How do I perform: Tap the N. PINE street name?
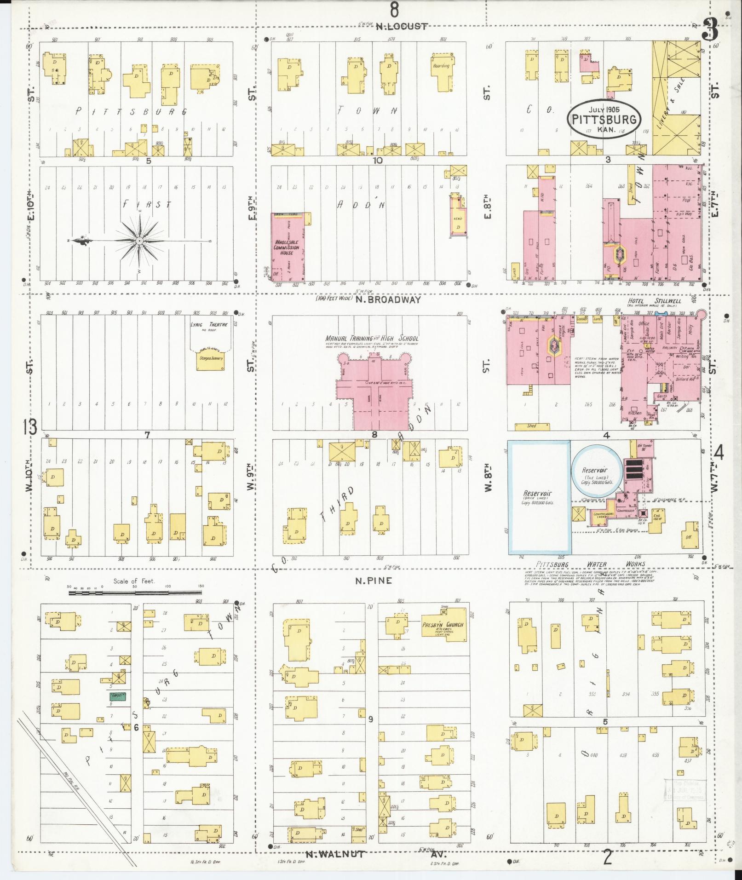click(x=374, y=581)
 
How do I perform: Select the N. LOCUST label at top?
click(x=401, y=27)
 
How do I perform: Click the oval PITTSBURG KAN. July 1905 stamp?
click(x=604, y=118)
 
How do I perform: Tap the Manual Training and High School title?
click(x=372, y=339)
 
